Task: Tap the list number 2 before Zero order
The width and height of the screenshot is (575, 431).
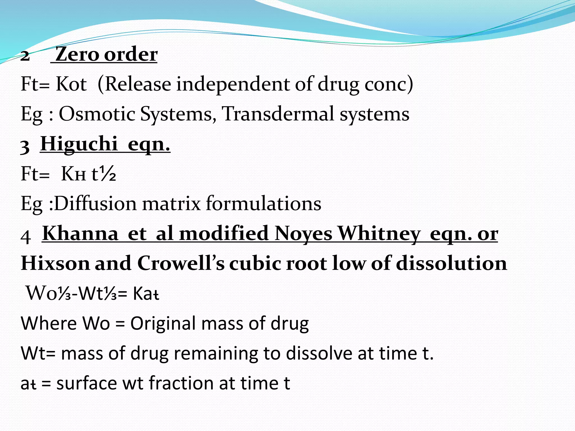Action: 25,56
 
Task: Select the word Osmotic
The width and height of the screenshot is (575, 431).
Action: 97,114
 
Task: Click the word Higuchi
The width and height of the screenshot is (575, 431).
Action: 79,144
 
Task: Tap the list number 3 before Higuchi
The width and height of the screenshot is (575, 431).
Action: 25,146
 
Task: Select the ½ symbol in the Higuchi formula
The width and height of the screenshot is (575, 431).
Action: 108,174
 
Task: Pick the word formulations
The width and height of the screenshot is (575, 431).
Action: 264,203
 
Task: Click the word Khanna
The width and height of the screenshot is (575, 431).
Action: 80,233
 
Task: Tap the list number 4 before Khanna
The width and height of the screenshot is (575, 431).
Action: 26,237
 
